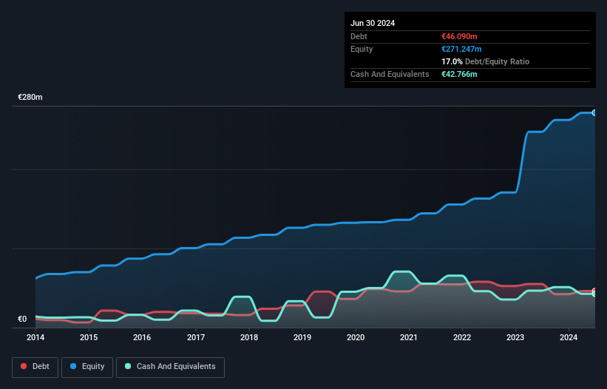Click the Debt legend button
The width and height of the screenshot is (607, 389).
click(34, 366)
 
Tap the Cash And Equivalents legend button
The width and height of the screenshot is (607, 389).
click(170, 366)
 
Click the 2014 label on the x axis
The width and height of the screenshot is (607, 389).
click(35, 338)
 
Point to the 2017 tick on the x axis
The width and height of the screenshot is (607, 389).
click(196, 338)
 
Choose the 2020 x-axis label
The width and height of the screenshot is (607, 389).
click(356, 338)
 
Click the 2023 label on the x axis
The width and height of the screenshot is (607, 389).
click(516, 338)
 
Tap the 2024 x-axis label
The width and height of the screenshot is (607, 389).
click(569, 338)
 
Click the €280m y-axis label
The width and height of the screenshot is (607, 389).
click(30, 98)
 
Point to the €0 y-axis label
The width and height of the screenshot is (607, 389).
click(22, 319)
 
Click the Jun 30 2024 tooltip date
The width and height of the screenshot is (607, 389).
click(373, 23)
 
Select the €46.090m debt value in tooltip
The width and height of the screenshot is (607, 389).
click(459, 36)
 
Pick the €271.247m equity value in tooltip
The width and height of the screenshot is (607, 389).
click(461, 49)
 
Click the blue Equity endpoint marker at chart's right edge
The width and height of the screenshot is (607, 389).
click(594, 112)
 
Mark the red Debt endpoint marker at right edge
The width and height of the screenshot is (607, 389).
click(594, 291)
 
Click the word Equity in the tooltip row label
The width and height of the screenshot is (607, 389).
click(362, 49)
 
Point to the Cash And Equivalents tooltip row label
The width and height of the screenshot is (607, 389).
click(390, 74)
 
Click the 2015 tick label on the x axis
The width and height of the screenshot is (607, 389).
click(89, 338)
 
